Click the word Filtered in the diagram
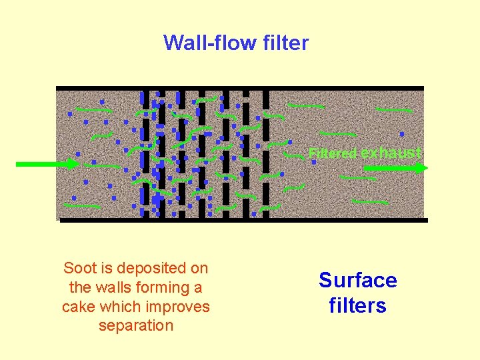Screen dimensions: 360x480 point(333,153)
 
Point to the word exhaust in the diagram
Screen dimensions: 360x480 point(391,153)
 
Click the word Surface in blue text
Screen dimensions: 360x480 point(357,280)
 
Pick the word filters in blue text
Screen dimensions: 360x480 point(357,305)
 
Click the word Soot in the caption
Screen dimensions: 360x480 point(79,268)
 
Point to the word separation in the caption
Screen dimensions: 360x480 point(136,326)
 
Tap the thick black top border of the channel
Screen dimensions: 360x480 point(240,88)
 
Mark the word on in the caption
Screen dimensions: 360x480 point(199,268)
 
